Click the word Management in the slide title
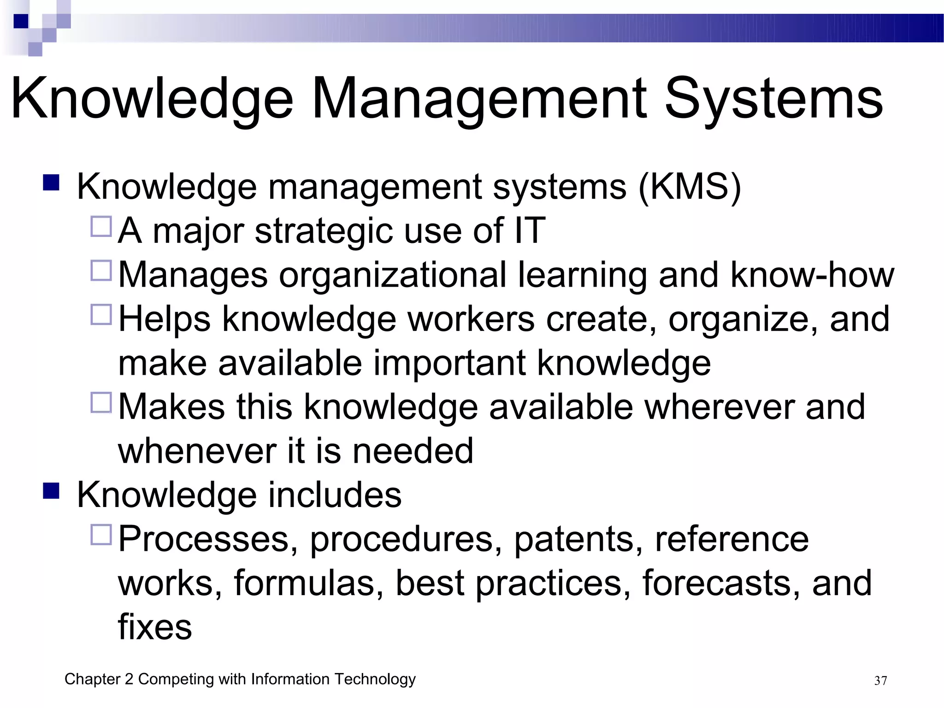479,99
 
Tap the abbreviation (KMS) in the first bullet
690,187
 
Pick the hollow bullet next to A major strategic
101,227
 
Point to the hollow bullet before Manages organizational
101,271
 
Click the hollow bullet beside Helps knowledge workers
101,315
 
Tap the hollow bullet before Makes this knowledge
101,403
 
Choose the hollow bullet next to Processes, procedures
101,535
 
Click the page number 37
880,681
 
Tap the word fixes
155,627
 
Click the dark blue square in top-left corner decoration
21,21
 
